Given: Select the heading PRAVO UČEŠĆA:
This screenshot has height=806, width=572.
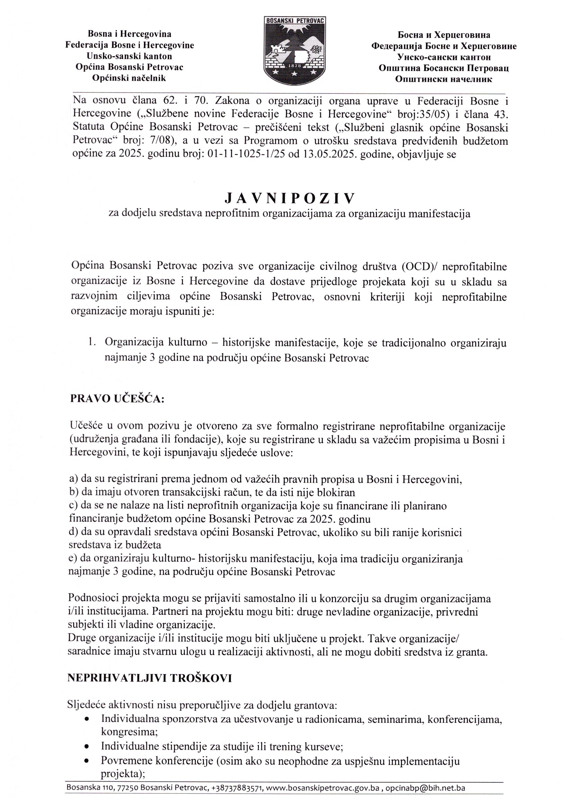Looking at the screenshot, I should [x=117, y=398].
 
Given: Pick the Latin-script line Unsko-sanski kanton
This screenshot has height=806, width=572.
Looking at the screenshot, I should [x=130, y=56].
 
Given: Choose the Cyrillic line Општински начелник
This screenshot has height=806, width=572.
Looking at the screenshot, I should [x=443, y=79].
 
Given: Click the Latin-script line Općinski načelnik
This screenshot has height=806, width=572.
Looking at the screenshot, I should [x=129, y=78].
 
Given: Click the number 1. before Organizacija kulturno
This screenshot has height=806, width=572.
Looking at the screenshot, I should [x=93, y=342].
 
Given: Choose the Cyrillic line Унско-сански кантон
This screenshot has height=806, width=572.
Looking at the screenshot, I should [x=444, y=57].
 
